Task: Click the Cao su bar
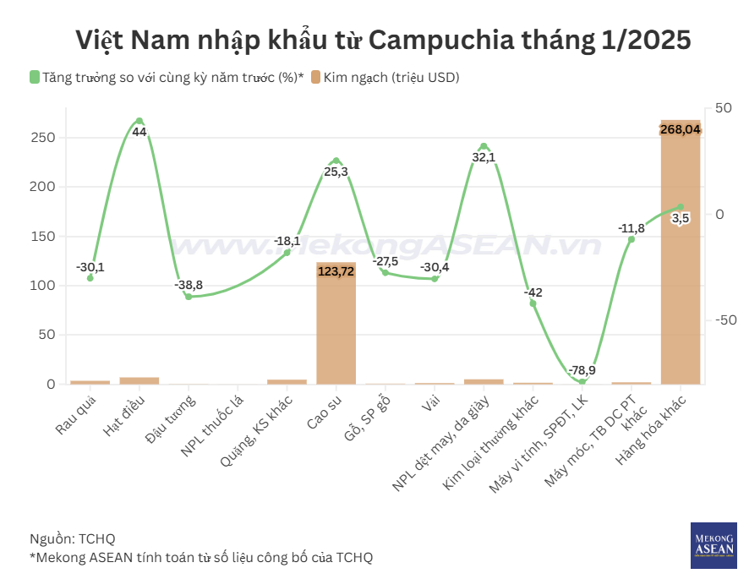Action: [336, 330]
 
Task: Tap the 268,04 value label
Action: [681, 129]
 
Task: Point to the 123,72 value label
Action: [336, 272]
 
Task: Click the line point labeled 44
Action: [139, 121]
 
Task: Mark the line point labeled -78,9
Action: [582, 382]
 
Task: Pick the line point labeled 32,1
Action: [484, 146]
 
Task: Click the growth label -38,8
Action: [189, 285]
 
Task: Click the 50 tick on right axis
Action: [724, 108]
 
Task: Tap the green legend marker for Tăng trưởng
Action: [35, 78]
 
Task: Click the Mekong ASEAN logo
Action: [713, 545]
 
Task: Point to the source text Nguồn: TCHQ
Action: [72, 538]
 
